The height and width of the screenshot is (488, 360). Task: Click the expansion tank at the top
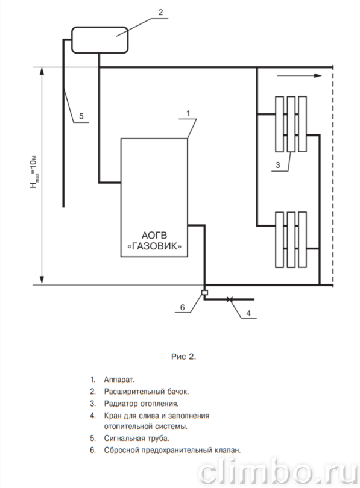tap(99, 40)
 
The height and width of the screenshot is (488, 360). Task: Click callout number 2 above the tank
tap(160, 12)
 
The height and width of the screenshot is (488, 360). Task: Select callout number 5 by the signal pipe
tap(81, 116)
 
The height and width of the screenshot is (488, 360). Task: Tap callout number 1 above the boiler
tap(188, 113)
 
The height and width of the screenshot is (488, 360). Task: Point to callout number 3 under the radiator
tap(278, 165)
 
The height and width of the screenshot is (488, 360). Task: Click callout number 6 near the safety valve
tap(183, 307)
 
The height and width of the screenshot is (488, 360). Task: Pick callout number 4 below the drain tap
tap(248, 313)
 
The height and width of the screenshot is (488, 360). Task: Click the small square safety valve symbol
tap(204, 293)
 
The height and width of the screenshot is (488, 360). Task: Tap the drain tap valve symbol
tap(230, 299)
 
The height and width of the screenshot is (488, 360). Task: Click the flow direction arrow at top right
tap(299, 75)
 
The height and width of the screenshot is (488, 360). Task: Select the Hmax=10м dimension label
tap(34, 172)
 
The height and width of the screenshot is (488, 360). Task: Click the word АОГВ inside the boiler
tap(154, 236)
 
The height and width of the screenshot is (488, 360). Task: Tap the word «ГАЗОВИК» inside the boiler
tap(154, 246)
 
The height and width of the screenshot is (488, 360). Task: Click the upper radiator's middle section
tap(291, 124)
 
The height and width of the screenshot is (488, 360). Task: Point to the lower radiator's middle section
tap(291, 240)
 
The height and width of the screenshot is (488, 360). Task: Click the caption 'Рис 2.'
tap(184, 357)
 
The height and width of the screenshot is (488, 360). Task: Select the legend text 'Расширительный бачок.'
tap(147, 392)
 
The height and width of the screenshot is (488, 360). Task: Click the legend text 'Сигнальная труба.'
tap(137, 439)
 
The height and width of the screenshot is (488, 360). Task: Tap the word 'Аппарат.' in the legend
tap(119, 380)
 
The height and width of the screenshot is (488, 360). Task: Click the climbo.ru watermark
tap(278, 472)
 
